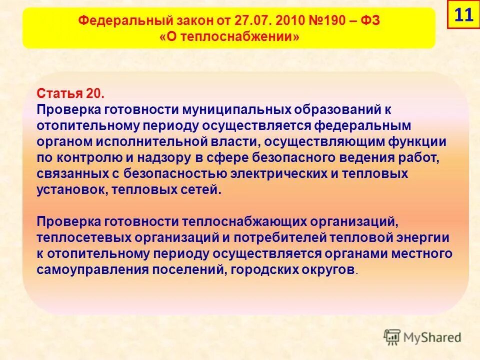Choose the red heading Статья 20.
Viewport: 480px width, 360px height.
(x=69, y=93)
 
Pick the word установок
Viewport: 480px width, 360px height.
(x=71, y=190)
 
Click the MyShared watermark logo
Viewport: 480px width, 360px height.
(x=422, y=337)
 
